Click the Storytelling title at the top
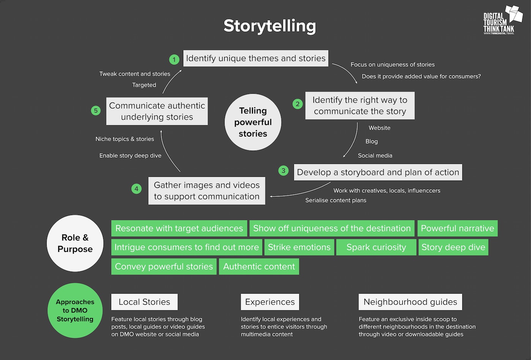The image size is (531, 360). coord(269,26)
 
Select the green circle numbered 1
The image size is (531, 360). coord(174,60)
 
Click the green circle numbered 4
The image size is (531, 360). coord(137,189)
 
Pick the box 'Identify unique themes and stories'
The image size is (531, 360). coord(256,58)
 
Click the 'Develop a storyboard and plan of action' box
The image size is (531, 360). coord(378,172)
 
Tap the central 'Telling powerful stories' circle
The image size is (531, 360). coord(253,122)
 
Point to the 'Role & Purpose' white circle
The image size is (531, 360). coord(75,243)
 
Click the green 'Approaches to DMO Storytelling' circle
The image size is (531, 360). coord(75,310)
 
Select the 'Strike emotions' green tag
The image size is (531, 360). coord(299,247)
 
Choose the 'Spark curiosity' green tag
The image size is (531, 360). coord(376,247)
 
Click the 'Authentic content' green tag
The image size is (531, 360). coord(259,267)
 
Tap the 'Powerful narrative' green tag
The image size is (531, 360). coord(457,228)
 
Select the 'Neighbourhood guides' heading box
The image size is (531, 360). coord(410,302)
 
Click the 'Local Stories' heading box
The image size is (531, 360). coord(144,302)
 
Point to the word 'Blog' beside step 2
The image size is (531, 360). coord(371,141)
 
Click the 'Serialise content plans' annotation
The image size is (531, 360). coord(336,200)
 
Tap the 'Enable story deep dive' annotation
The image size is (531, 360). coord(130,156)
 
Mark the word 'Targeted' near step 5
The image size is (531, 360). coord(144,85)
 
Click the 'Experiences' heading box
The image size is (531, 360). coord(270,302)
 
